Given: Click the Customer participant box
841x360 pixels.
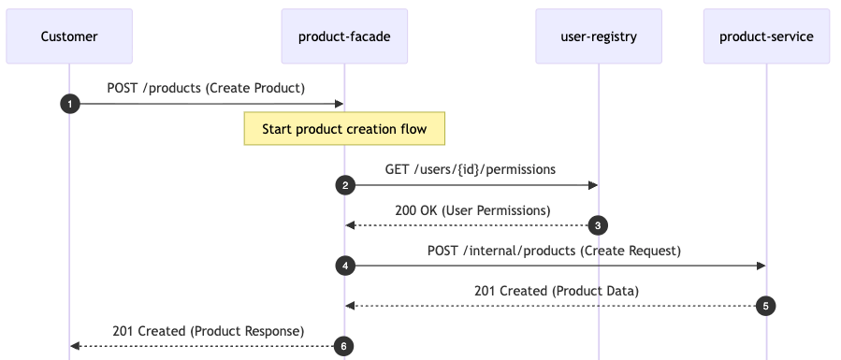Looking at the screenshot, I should point(69,36).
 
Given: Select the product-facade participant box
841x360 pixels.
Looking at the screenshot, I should point(344,36).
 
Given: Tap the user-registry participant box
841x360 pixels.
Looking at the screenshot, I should point(599,36).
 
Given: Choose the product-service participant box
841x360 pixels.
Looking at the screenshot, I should point(766,36).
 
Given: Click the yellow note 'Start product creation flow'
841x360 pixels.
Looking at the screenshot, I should point(344,129).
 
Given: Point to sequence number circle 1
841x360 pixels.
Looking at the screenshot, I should point(69,104).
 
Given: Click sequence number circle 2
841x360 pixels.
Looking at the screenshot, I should point(345,185).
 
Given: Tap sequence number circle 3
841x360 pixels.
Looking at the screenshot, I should point(599,225).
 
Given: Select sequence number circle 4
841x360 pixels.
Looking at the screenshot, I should point(345,266).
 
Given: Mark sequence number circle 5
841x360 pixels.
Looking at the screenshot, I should point(766,306).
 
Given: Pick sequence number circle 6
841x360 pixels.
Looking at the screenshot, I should point(344,346).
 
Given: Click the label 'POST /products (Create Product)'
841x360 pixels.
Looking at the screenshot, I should point(206,89).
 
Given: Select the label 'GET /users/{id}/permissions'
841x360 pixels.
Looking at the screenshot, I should point(471,169).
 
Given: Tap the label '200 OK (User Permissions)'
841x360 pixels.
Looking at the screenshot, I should point(472,210).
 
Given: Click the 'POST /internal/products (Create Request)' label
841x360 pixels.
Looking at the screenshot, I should point(555,251).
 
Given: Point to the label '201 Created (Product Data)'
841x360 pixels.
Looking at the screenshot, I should point(556,291).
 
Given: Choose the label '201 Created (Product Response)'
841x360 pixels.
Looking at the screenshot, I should point(208,331).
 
